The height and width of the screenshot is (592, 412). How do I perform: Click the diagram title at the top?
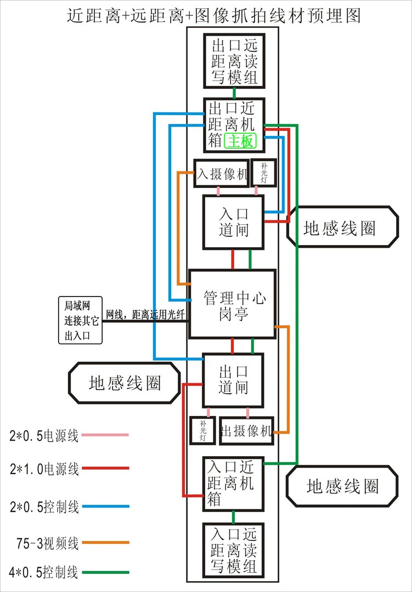(214, 15)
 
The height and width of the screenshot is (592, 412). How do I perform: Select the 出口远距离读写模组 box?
(234, 60)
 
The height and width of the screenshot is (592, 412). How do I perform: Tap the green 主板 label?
(240, 141)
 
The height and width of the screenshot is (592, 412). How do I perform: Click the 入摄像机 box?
(222, 174)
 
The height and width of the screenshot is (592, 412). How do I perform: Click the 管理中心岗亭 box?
(232, 304)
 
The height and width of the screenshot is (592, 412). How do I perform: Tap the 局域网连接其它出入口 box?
(81, 321)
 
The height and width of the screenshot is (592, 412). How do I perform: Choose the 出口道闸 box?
(233, 380)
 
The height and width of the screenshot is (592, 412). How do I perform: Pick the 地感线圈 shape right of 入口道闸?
(342, 228)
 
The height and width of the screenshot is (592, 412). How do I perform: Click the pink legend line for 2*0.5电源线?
(104, 435)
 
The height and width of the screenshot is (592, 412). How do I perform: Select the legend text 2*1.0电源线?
(44, 469)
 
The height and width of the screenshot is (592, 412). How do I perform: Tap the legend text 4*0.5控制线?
(44, 573)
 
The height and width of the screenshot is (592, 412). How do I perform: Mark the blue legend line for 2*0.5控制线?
(104, 506)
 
